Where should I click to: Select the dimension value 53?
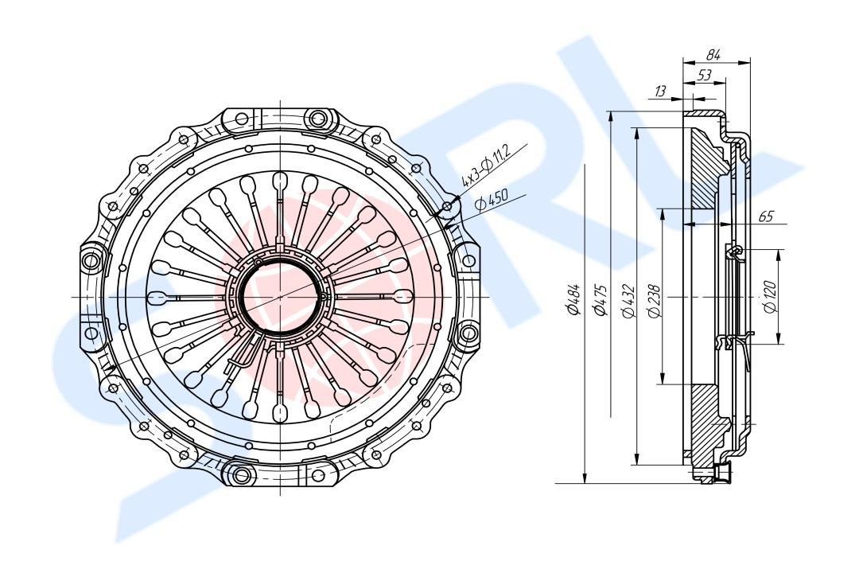pyautogui.click(x=704, y=75)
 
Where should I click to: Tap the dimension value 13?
pyautogui.click(x=661, y=91)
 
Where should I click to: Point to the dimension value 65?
pyautogui.click(x=766, y=216)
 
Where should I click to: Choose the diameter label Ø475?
pyautogui.click(x=601, y=299)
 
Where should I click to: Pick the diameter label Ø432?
pyautogui.click(x=628, y=301)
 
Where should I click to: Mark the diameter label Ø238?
pyautogui.click(x=655, y=301)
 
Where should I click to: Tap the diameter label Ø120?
pyautogui.click(x=770, y=297)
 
